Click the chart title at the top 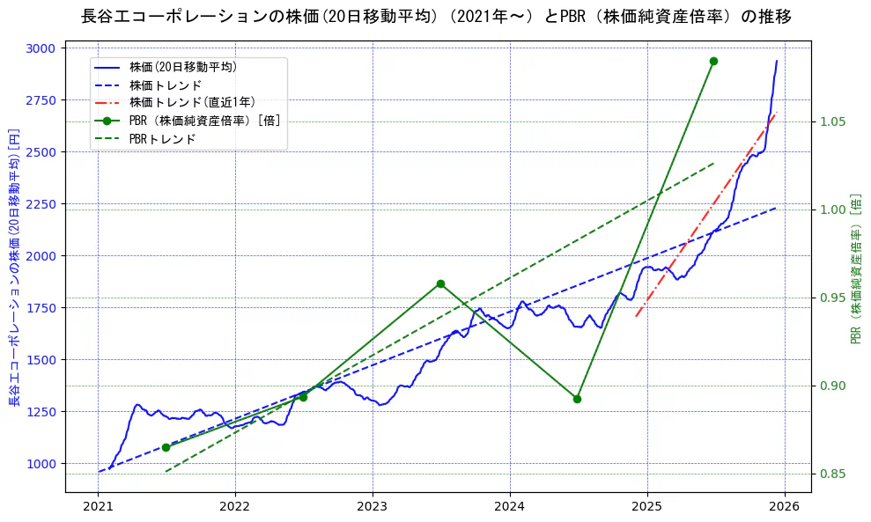pos(435,17)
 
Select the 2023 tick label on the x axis pos(372,507)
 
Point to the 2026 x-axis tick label pos(784,507)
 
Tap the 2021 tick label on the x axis pos(98,507)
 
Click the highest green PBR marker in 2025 pos(713,61)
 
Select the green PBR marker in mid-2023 pos(440,283)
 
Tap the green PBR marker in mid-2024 pos(577,399)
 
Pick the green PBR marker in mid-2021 pos(166,447)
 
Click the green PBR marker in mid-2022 pos(303,397)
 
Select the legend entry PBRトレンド pos(162,139)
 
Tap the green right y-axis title pos(855,269)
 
